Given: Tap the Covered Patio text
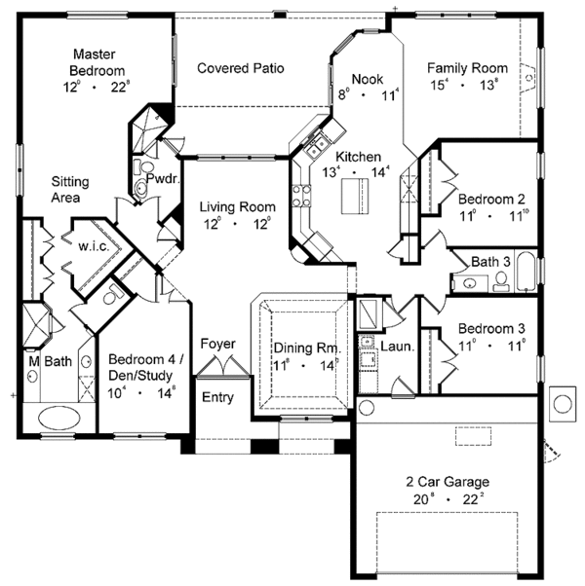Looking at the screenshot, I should click(240, 68).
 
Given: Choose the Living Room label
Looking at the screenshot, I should click(238, 207).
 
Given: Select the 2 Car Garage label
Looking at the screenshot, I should click(449, 482).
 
